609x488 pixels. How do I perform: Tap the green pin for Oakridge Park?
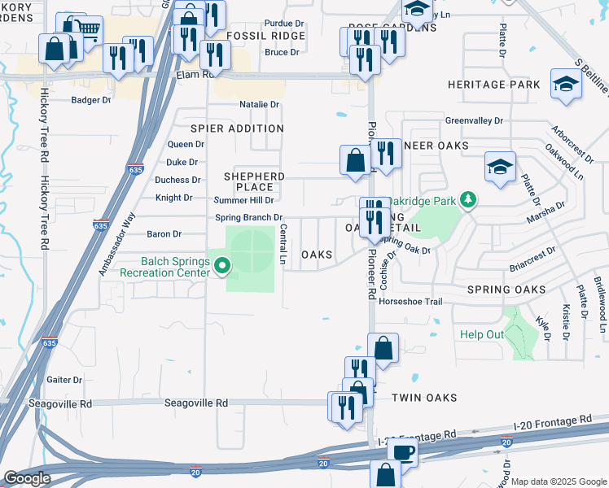tap(467, 198)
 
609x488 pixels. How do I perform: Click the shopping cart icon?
tap(89, 31)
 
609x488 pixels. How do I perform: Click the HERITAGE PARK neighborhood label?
tap(493, 85)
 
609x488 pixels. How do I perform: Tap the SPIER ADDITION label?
tap(237, 129)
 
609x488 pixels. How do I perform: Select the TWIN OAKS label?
tap(424, 398)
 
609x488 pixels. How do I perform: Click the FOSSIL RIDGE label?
tap(265, 36)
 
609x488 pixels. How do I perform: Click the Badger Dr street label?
tap(90, 100)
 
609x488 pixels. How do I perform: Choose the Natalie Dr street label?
tap(259, 104)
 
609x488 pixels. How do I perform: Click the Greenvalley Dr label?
tap(474, 121)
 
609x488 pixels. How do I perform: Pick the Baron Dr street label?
tap(164, 234)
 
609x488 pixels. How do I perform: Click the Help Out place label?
tap(482, 334)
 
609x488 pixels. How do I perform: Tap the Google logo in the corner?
tap(27, 478)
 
